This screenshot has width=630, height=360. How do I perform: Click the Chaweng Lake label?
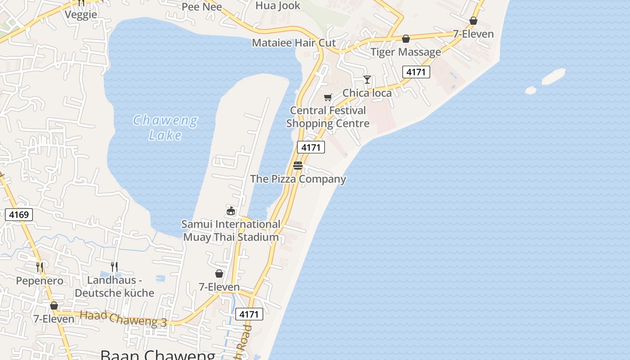(x=165, y=127)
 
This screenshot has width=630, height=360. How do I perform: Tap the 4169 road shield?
(x=19, y=215)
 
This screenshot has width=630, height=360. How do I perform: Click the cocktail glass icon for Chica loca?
(x=367, y=80)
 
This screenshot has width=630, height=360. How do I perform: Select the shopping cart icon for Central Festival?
(x=328, y=97)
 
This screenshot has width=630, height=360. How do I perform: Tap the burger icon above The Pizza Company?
(x=297, y=166)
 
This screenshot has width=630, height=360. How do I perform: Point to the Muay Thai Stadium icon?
(x=231, y=210)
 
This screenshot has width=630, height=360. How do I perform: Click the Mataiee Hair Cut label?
(x=294, y=43)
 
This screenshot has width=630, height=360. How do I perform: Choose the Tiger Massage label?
(x=405, y=52)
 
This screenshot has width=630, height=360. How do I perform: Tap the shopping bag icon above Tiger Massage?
(x=406, y=39)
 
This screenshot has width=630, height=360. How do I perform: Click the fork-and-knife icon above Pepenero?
(x=40, y=267)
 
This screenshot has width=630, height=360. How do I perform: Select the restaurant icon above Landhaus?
(x=114, y=266)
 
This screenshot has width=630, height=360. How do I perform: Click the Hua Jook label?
(x=278, y=5)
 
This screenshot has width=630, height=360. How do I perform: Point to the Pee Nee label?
(x=202, y=7)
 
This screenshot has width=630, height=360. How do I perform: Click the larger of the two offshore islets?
(x=553, y=76)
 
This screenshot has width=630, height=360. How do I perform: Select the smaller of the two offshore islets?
(x=531, y=90)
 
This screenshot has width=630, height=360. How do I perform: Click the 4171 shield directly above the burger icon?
(x=310, y=147)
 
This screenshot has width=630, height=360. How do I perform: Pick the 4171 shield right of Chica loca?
(x=416, y=72)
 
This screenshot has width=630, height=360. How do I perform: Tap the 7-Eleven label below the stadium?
(x=219, y=287)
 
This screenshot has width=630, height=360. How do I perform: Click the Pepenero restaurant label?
(x=40, y=281)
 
